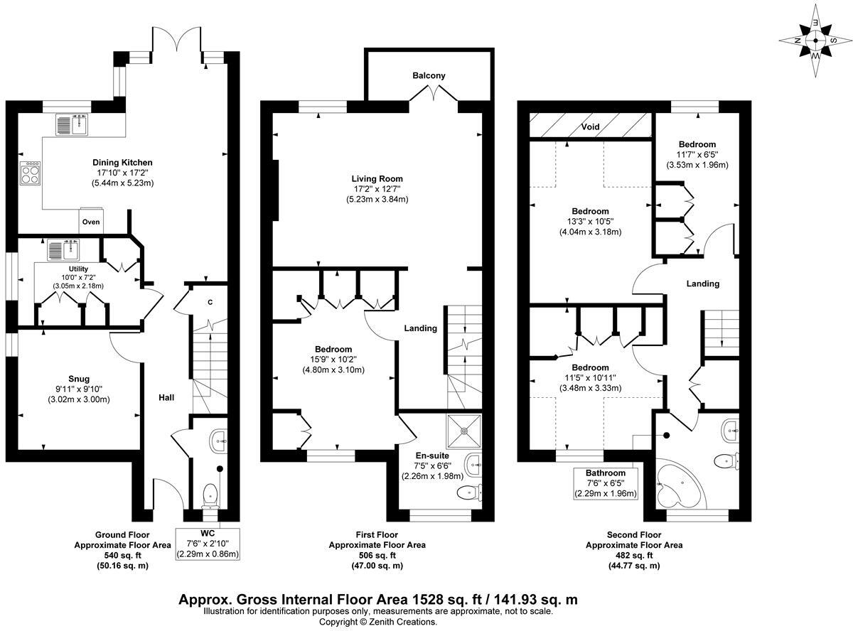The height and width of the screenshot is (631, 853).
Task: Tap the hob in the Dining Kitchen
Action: [31, 173]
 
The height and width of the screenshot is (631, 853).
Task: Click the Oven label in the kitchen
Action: [92, 222]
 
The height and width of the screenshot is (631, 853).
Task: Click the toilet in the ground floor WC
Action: [210, 494]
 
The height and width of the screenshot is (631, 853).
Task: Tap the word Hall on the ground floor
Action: [166, 397]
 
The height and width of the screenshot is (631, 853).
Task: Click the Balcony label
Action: [429, 75]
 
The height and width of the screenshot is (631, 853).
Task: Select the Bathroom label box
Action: [606, 483]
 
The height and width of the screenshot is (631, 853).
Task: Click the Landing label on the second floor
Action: [702, 284]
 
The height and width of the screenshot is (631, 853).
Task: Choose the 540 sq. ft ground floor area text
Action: [122, 556]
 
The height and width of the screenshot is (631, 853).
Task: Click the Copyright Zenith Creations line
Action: [377, 622]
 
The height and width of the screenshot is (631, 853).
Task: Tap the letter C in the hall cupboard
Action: [210, 302]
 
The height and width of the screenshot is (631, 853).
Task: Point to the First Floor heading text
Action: [377, 534]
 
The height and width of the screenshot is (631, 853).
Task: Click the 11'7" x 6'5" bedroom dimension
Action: [697, 155]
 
